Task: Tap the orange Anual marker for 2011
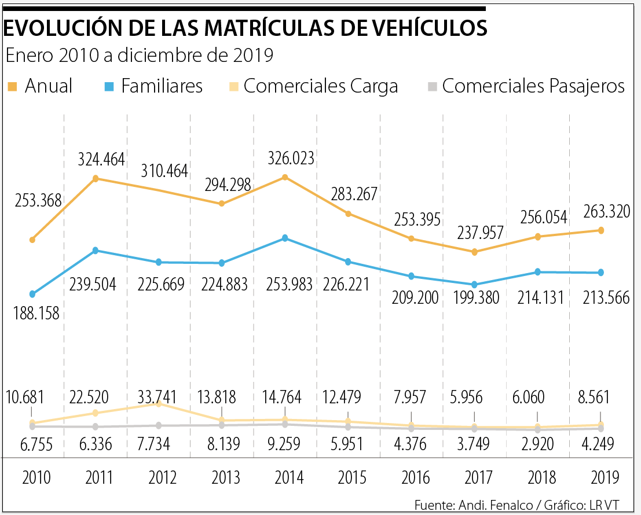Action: click(96, 178)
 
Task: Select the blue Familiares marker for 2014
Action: click(284, 238)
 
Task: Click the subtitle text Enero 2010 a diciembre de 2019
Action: click(139, 56)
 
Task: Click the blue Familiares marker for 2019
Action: click(601, 273)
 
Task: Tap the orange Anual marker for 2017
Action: click(475, 252)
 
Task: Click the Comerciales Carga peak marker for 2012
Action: click(158, 404)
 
